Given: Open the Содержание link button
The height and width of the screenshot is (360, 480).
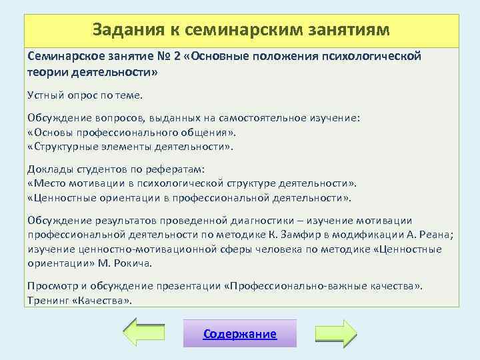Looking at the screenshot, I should click(240, 334).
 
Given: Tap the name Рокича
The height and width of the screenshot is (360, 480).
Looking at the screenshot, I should click(132, 263).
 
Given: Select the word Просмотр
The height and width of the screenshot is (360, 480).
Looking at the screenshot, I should click(51, 286).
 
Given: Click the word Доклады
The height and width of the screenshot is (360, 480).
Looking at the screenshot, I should click(49, 169).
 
